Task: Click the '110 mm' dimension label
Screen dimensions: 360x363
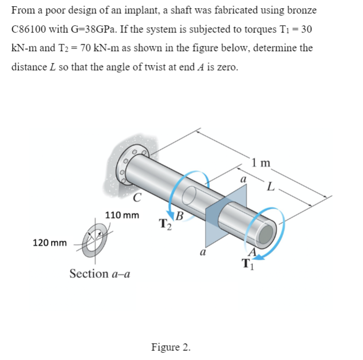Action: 122,214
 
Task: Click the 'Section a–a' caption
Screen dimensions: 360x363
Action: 100,273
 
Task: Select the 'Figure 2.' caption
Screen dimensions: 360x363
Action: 170,346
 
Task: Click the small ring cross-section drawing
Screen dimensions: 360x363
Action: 97,241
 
